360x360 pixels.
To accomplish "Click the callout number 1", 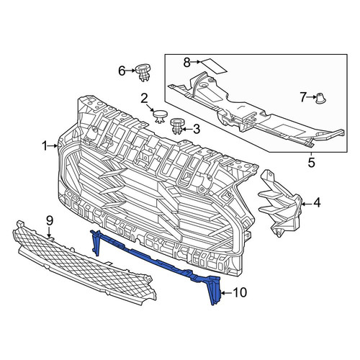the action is pos(45,146).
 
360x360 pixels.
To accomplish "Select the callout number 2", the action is pos(144,99).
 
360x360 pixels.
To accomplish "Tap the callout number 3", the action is pos(197,129).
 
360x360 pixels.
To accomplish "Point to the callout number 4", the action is pos(317,202).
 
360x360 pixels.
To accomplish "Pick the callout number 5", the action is pos(311,163).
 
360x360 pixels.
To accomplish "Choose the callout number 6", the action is pos(122,71).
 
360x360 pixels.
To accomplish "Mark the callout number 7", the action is pos(303,97).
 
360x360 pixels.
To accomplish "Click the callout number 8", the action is pos(187,63).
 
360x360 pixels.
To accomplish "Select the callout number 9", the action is pos(49,220).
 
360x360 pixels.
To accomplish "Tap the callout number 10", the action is pos(240,293).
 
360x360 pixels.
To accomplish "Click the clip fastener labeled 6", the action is pos(143,73).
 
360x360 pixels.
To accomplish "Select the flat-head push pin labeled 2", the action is pos(160,116).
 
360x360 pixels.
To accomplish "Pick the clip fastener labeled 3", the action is pos(176,126).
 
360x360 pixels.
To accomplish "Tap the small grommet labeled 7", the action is pos(320,99).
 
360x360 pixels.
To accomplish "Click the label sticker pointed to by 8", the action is pos(214,66).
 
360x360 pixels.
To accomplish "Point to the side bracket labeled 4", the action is pos(279,203).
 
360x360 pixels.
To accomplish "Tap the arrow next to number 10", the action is pos(226,293).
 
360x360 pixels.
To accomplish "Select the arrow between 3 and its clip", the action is pos(187,130).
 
